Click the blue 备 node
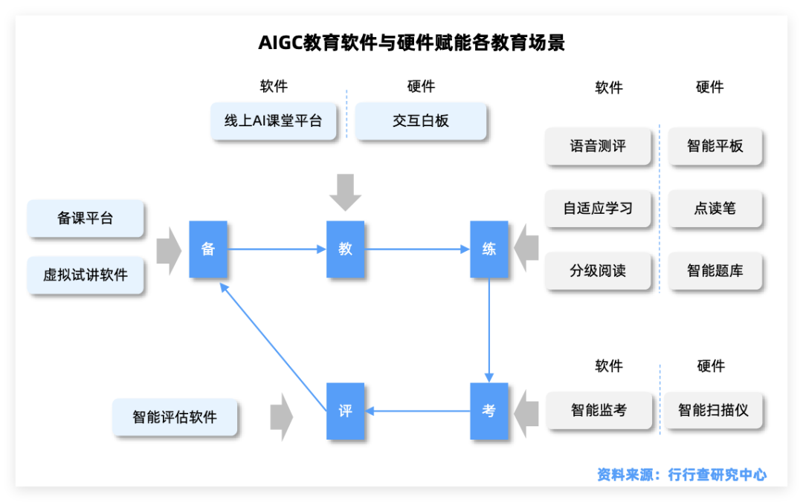[208, 250]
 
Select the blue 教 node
[346, 250]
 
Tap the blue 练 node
[489, 250]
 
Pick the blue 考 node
[489, 411]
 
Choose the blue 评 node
[346, 411]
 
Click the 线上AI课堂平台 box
[274, 121]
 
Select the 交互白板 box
[421, 121]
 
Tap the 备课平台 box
[86, 218]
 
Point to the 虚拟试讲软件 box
[86, 275]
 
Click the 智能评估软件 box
[175, 417]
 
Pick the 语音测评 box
[598, 146]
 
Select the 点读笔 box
[715, 209]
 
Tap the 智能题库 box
[715, 271]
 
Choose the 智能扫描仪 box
[713, 410]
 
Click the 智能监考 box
[599, 410]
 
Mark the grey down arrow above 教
[346, 192]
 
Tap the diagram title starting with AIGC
[411, 43]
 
